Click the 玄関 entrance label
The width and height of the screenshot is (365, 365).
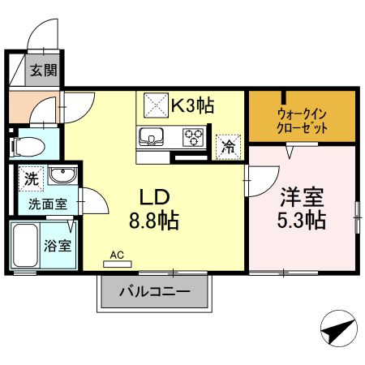(x=44, y=70)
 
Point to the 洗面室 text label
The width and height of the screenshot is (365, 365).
(x=45, y=204)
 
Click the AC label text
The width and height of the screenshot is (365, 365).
(x=118, y=255)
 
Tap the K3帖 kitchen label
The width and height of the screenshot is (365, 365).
(x=192, y=104)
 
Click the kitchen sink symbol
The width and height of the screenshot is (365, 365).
(x=152, y=135)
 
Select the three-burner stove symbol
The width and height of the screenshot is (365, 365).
(x=193, y=135)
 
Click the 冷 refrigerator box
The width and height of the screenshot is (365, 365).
(x=230, y=147)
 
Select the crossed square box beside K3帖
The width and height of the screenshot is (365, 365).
(x=156, y=105)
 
